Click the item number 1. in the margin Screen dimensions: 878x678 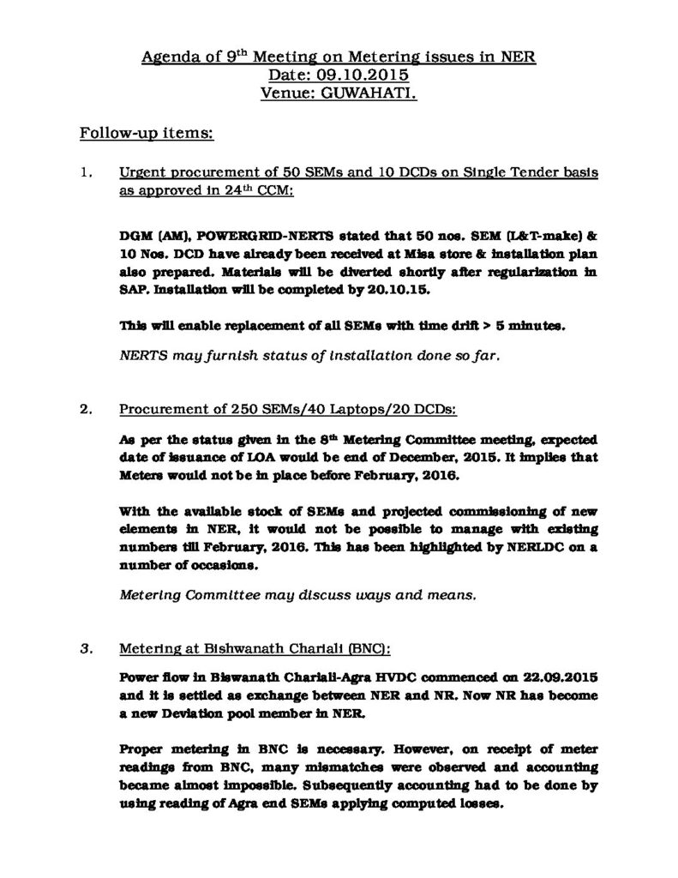(x=86, y=173)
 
